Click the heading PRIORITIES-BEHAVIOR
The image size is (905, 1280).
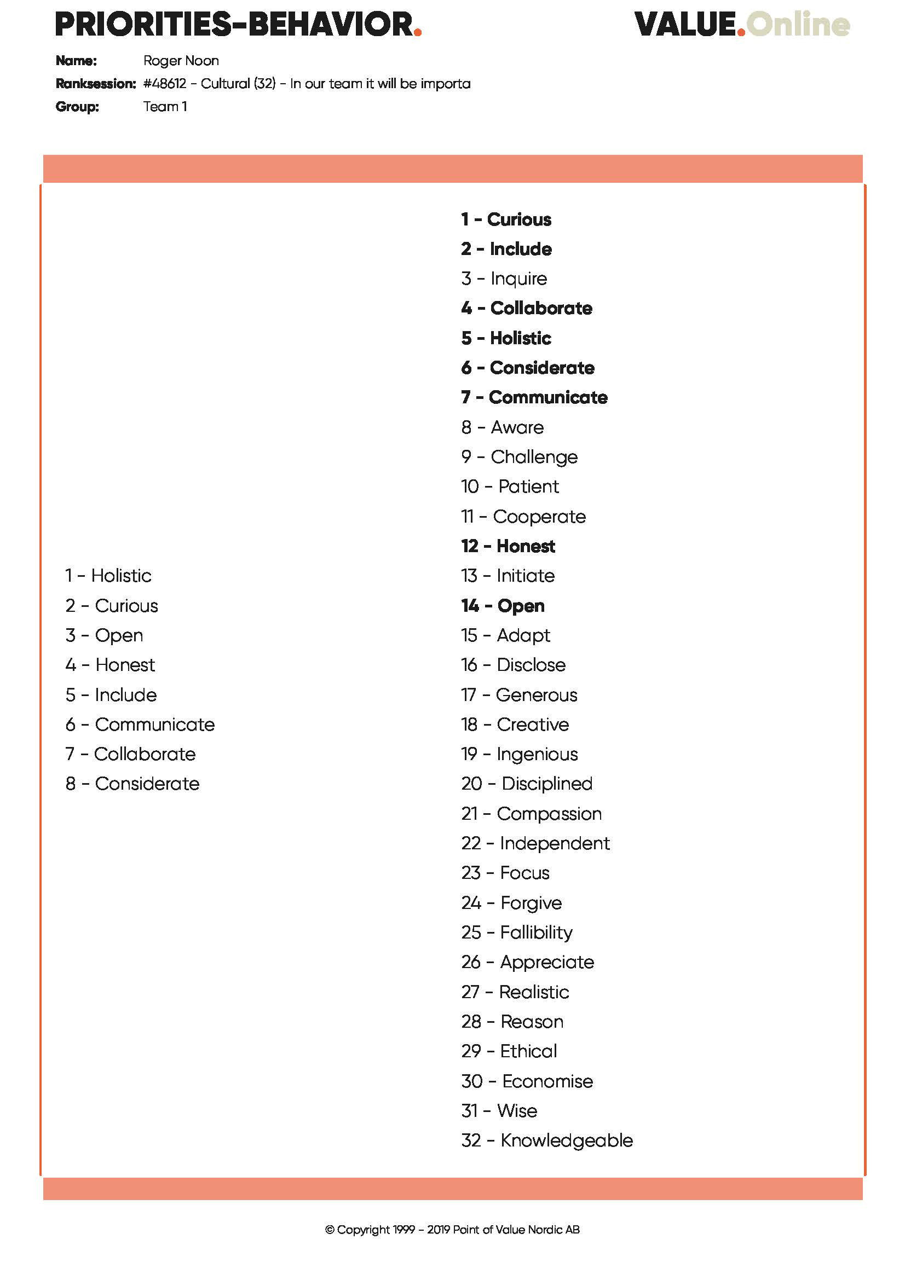(x=238, y=25)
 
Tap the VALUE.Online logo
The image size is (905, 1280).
(x=742, y=25)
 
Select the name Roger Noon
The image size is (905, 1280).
(x=181, y=61)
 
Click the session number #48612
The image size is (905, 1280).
(x=164, y=84)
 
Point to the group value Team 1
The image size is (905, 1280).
(x=165, y=107)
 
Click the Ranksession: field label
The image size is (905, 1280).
(x=95, y=84)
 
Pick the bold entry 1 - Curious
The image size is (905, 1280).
(x=506, y=219)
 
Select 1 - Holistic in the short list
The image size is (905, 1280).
(x=108, y=575)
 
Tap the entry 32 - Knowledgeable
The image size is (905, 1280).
(x=546, y=1140)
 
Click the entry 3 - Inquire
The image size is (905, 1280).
(x=504, y=279)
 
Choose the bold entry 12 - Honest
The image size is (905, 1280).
(x=508, y=546)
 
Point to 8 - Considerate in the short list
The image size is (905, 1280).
(x=132, y=783)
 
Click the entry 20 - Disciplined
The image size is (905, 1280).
(x=526, y=783)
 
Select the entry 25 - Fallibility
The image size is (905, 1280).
(x=516, y=932)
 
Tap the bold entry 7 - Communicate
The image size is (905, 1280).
(x=534, y=397)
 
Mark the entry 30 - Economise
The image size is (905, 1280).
(x=527, y=1081)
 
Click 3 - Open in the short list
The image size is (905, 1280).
(x=104, y=635)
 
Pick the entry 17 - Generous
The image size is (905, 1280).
(x=519, y=694)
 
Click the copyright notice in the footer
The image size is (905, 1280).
(x=452, y=1229)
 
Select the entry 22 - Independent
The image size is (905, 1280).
(x=535, y=843)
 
